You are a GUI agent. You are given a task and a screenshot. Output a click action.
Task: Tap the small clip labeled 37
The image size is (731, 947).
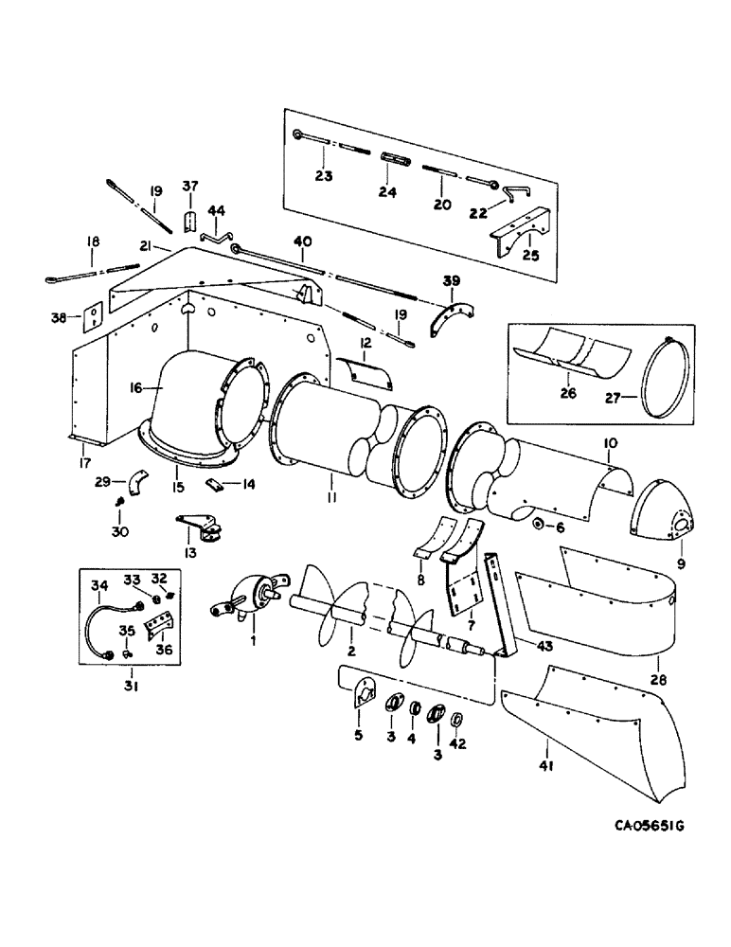click(189, 223)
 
